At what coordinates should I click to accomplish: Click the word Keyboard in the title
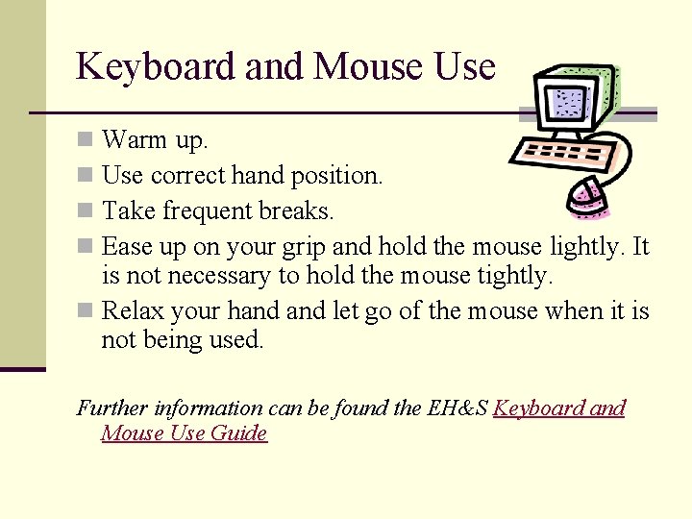point(157,67)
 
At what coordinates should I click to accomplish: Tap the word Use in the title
point(464,67)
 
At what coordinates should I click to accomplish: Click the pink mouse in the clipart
point(586,196)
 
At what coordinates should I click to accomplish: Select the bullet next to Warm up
point(86,140)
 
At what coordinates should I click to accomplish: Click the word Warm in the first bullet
point(135,140)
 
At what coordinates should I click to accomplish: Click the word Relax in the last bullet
point(132,311)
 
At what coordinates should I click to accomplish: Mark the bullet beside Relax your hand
point(86,311)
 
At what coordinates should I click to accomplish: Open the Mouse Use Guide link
point(184,433)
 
